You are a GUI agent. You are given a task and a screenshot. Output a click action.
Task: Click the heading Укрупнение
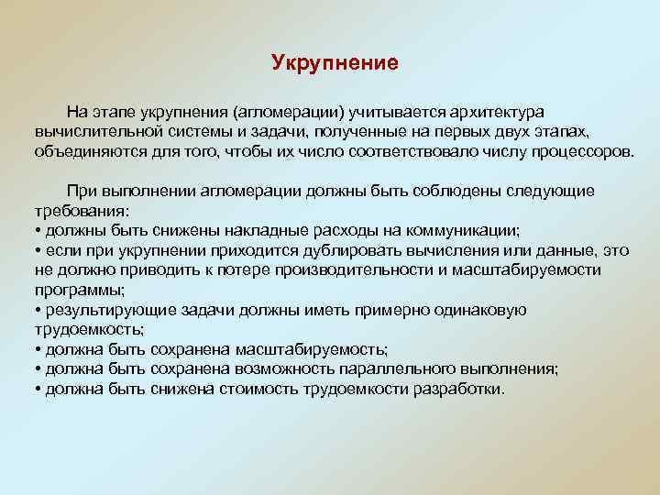point(335,63)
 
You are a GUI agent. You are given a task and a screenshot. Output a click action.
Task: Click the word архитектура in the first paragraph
point(497,112)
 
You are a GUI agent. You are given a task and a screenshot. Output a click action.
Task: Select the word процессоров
point(587,150)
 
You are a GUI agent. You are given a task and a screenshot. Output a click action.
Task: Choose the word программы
point(73,290)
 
